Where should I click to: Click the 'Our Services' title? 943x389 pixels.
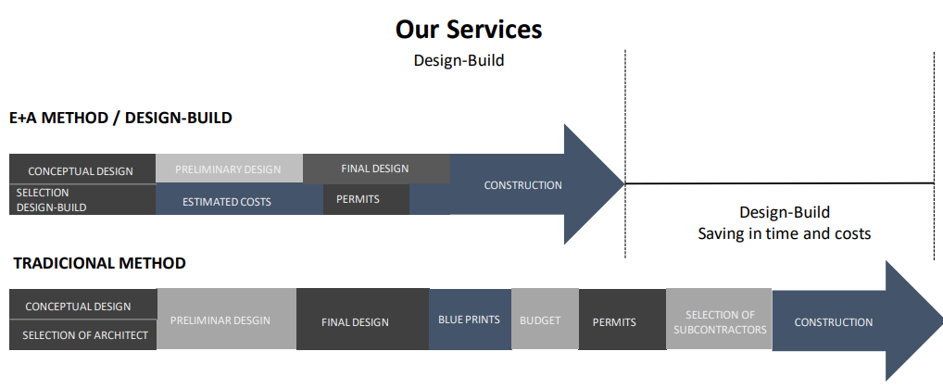tap(469, 30)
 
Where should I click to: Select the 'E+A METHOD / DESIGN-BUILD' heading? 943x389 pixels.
tap(120, 118)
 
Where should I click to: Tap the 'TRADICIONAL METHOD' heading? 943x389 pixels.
tap(100, 263)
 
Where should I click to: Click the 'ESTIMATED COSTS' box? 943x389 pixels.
tap(239, 199)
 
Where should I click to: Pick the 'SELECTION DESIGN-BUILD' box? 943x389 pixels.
tap(82, 200)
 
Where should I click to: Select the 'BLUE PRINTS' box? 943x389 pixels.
tap(470, 320)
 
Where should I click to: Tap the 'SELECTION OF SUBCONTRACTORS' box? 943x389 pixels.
tap(719, 320)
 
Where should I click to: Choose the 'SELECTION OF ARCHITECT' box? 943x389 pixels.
tap(83, 335)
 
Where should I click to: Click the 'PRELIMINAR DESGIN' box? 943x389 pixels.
tap(227, 320)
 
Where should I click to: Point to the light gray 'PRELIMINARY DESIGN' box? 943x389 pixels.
tap(229, 169)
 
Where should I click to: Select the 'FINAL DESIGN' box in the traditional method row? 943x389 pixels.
tap(362, 320)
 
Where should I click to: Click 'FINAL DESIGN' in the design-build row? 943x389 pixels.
tap(376, 169)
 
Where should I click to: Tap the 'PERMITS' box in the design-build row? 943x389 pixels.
tap(366, 199)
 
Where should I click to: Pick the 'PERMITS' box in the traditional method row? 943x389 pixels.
tap(622, 320)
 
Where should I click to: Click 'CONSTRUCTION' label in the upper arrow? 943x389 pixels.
tap(522, 185)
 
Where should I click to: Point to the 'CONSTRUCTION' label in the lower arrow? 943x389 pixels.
tap(833, 322)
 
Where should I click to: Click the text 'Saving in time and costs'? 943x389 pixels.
tap(785, 233)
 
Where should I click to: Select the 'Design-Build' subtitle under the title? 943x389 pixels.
tap(459, 60)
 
